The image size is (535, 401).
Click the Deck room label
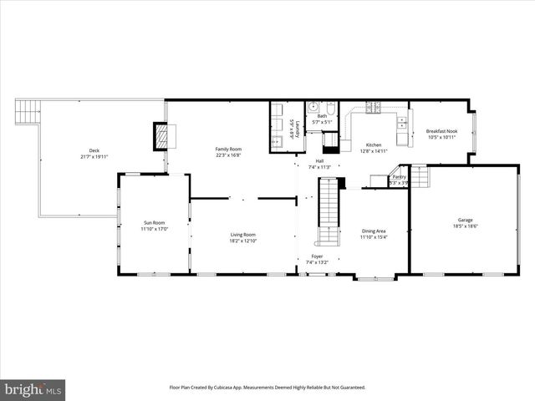94,150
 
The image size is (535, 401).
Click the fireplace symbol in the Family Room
160,136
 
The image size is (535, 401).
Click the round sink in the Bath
313,107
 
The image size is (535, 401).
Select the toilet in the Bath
330,109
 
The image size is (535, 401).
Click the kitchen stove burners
372,107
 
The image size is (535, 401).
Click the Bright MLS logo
33,389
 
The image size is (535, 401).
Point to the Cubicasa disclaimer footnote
267,387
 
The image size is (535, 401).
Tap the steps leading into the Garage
418,176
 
